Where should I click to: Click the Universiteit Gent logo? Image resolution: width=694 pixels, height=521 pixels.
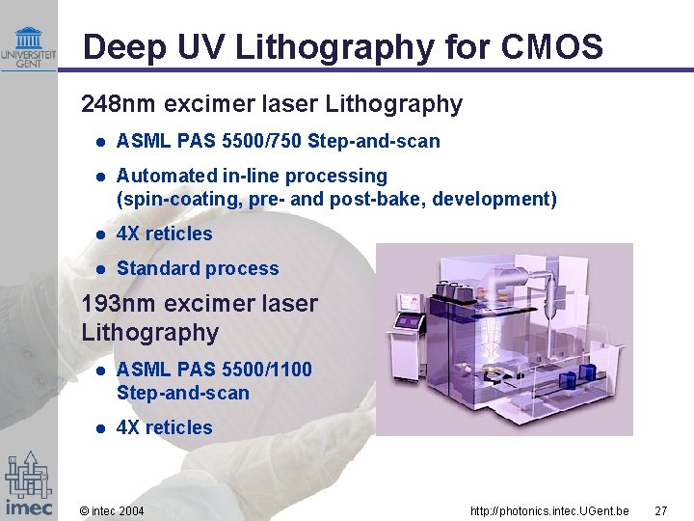tap(28, 45)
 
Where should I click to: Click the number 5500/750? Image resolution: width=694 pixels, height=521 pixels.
tap(261, 142)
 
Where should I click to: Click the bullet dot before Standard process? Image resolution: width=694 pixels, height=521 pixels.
tap(100, 269)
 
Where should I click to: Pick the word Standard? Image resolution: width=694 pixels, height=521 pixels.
tap(154, 269)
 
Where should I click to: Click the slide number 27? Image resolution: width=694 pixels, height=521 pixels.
tap(660, 510)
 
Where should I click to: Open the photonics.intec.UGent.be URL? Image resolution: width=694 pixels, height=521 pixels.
tap(549, 510)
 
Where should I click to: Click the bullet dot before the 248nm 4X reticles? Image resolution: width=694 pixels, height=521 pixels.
tap(100, 234)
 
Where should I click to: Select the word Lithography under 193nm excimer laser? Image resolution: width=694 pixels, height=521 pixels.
tap(150, 333)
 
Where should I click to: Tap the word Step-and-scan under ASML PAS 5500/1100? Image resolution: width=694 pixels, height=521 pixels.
tap(183, 394)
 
